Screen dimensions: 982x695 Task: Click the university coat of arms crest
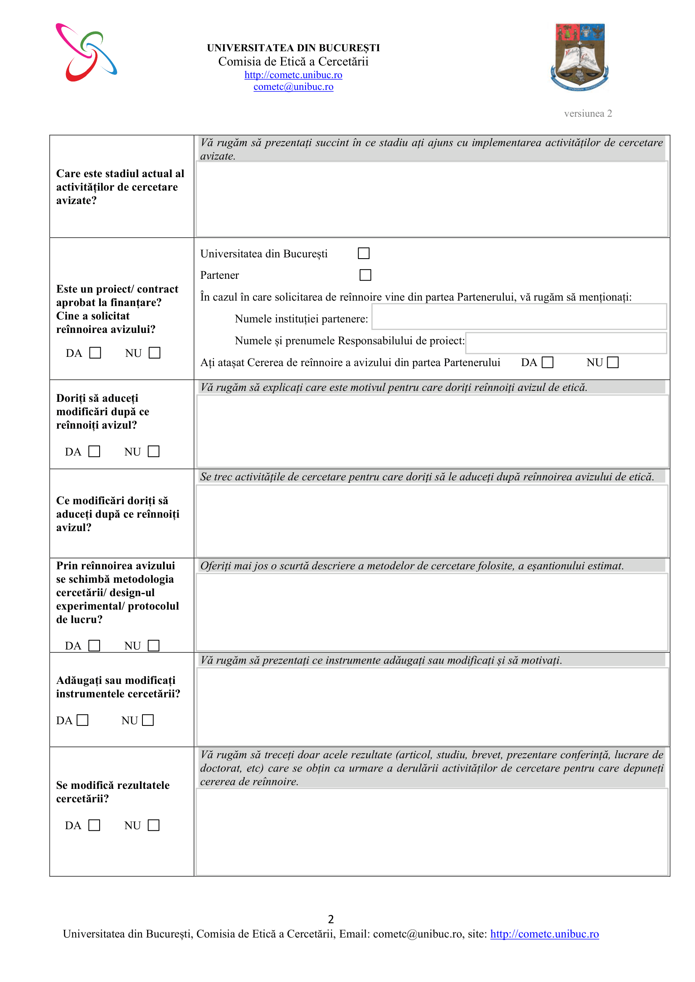[x=580, y=57]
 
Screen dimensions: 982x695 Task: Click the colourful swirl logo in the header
[x=87, y=52]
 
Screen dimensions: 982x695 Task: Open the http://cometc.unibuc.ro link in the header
[x=293, y=75]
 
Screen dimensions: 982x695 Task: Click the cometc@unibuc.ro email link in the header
[x=293, y=87]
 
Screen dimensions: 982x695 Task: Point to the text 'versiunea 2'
[x=587, y=113]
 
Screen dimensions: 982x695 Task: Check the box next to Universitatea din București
[x=363, y=253]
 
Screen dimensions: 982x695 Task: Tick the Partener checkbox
[x=365, y=275]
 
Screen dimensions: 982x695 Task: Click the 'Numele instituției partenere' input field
[x=519, y=317]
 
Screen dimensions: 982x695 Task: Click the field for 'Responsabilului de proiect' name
[x=566, y=343]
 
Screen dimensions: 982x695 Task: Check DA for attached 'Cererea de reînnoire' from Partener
[x=548, y=362]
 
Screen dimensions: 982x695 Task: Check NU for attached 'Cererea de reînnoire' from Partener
[x=613, y=362]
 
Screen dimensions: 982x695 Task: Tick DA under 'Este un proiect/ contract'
[x=95, y=353]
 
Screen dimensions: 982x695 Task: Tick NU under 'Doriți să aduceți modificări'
[x=153, y=451]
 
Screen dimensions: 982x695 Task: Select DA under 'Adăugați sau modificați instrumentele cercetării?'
[x=82, y=720]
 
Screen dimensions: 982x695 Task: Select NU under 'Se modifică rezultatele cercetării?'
[x=153, y=825]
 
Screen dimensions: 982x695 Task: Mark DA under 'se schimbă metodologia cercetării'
[x=94, y=645]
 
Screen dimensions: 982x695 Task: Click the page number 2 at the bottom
[x=331, y=919]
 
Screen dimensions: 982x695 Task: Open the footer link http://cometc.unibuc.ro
[x=544, y=934]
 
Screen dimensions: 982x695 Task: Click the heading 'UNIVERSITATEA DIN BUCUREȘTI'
[x=293, y=48]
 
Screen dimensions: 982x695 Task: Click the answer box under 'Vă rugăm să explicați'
[x=432, y=431]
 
